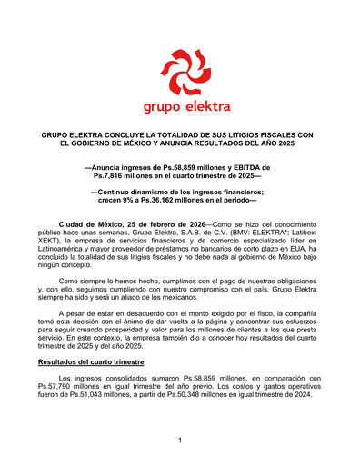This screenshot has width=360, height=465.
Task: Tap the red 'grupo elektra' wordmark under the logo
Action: [x=180, y=106]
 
